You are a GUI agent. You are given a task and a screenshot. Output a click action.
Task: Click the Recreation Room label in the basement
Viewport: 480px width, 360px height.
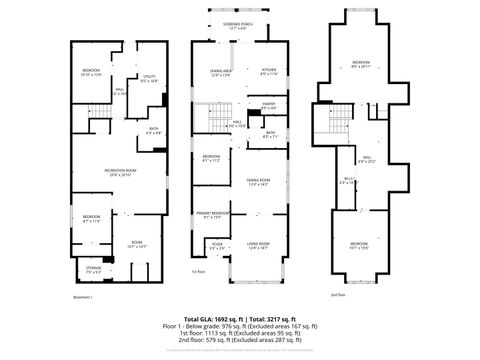coord(120,172)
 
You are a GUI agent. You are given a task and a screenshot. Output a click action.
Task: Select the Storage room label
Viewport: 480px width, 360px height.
coord(93,269)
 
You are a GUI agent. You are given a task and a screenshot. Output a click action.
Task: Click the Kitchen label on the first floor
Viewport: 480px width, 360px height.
coord(268,70)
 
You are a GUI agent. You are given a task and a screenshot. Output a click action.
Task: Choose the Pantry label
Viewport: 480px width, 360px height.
coord(269,107)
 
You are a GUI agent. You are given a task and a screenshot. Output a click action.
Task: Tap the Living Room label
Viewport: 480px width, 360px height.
coord(260,243)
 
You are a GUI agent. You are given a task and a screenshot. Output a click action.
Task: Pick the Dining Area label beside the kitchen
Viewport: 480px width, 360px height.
coord(222,71)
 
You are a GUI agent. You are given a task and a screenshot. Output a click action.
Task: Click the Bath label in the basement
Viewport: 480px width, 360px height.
coord(153,129)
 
